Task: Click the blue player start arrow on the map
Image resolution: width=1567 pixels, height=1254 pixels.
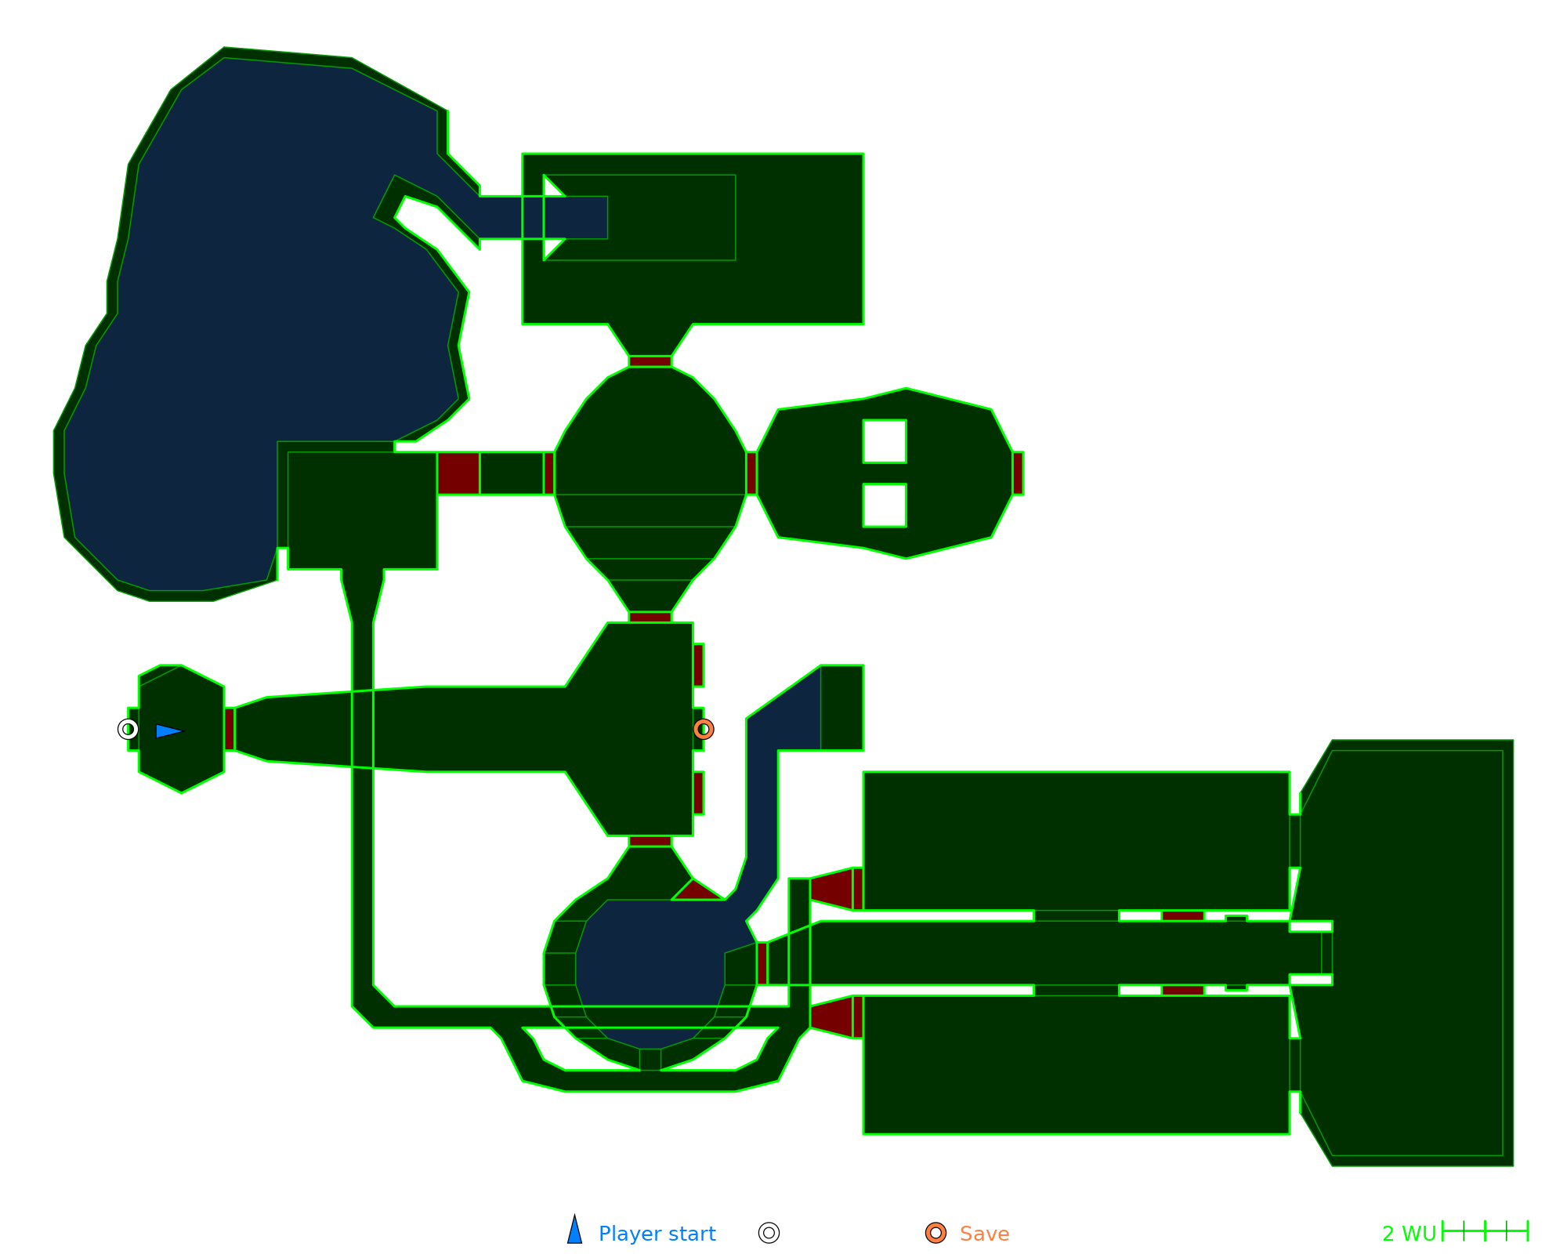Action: (x=168, y=731)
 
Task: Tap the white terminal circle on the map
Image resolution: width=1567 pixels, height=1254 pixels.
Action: (x=128, y=730)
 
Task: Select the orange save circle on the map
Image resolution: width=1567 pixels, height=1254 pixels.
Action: (x=704, y=730)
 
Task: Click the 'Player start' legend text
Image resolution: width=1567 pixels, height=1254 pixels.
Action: (x=657, y=1234)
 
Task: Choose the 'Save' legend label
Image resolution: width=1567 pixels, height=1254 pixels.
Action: (x=984, y=1234)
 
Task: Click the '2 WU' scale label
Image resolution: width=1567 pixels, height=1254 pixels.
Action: (x=1409, y=1234)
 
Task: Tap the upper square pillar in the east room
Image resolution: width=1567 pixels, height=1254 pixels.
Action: (x=885, y=441)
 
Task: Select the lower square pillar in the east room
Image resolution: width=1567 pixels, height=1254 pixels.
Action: (x=885, y=506)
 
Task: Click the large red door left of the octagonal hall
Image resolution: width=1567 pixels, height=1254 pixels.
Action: (x=458, y=473)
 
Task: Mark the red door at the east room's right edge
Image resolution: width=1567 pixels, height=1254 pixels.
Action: (x=1018, y=473)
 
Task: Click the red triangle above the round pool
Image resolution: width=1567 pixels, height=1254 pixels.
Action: (x=697, y=890)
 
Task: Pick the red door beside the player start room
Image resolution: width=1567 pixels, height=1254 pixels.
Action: (x=230, y=729)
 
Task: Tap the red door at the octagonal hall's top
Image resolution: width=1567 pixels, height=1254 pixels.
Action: (x=650, y=361)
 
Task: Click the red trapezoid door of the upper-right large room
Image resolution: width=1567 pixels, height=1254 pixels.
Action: (x=833, y=889)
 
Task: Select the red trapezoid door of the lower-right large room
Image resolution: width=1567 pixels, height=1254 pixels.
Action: (x=833, y=1017)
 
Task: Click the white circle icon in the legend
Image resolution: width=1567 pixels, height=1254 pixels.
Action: (x=769, y=1233)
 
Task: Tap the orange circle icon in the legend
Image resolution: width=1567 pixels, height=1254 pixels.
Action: (x=935, y=1233)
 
